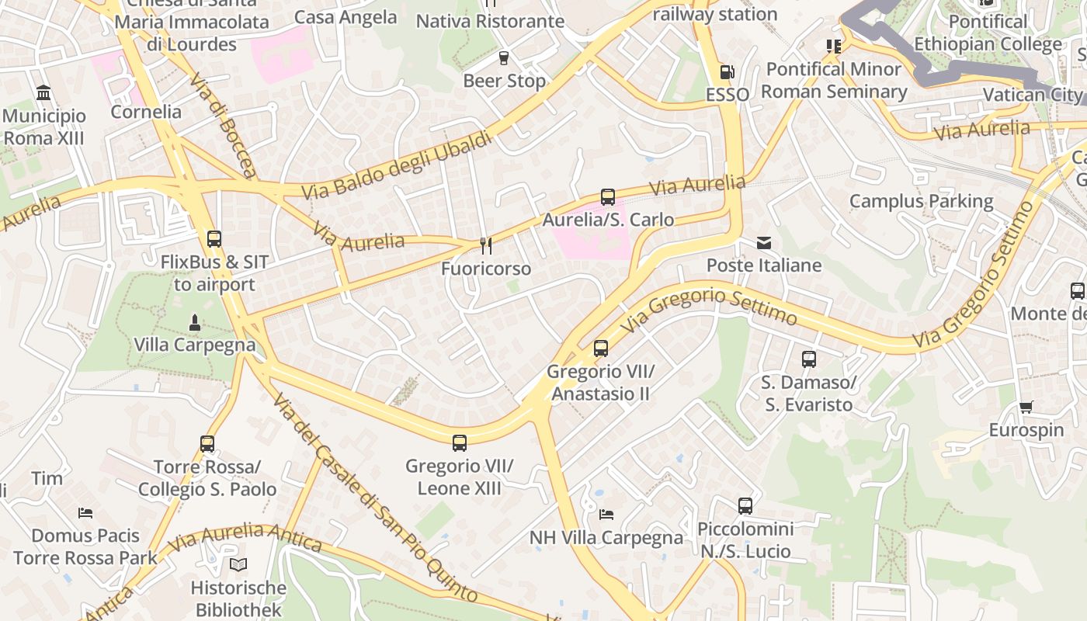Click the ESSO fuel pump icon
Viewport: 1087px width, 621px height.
tap(727, 72)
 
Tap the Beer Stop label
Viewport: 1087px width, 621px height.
tap(504, 81)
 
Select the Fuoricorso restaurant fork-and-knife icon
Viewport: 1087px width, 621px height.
tap(486, 246)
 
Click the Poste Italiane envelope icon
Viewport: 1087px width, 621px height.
tap(764, 243)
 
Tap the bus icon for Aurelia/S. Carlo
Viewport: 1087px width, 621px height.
tap(607, 197)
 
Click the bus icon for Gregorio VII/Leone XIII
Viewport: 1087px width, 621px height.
tap(460, 443)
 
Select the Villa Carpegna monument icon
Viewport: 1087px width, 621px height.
tap(195, 322)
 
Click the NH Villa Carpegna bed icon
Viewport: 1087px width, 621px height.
tap(606, 515)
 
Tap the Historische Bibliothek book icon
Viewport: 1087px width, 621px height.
tap(238, 565)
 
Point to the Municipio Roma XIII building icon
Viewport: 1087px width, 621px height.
tap(44, 94)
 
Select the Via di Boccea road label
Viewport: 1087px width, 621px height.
tap(222, 126)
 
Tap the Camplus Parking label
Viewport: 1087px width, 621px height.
tap(921, 202)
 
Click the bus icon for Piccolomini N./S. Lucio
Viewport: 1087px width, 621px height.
tap(745, 506)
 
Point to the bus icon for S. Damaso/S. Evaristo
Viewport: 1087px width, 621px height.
tap(808, 359)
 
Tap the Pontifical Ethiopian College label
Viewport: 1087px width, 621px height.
tap(988, 33)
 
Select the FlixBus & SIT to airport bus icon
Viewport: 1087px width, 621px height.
tap(214, 239)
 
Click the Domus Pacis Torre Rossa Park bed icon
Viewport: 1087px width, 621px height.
tap(85, 513)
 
